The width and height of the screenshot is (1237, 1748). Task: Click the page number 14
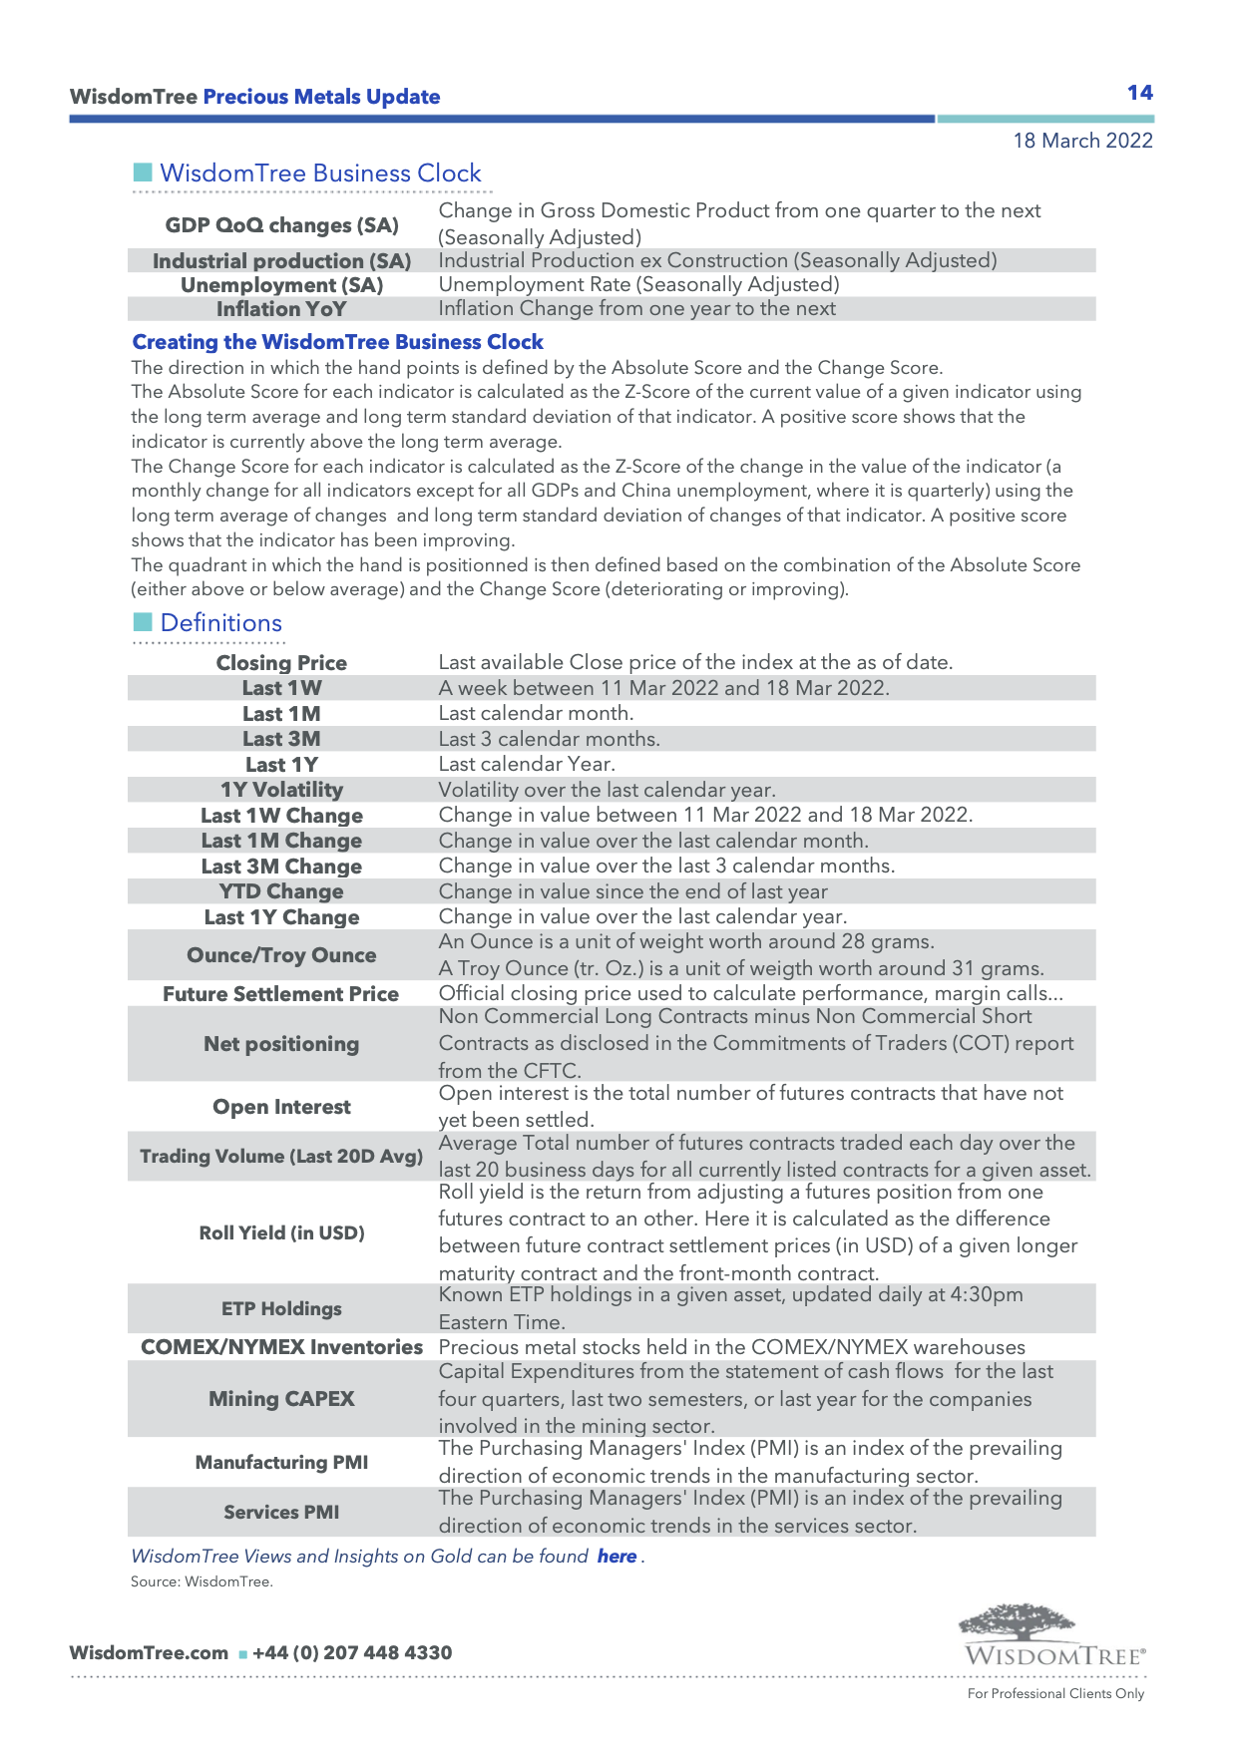coord(1139,93)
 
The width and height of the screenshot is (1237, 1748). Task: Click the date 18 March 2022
coord(1082,141)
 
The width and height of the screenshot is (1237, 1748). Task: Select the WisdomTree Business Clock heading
coord(320,174)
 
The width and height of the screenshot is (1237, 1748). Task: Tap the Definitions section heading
coord(220,623)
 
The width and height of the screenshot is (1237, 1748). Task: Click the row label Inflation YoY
coord(281,309)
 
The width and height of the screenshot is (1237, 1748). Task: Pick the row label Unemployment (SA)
coord(281,285)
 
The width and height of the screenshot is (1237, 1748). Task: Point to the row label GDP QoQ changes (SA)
coord(281,225)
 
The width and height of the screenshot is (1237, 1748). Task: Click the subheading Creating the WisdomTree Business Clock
coord(337,342)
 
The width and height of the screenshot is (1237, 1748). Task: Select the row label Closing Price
coord(281,663)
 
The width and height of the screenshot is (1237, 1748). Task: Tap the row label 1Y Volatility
coord(281,790)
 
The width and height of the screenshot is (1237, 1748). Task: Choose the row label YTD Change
coord(281,891)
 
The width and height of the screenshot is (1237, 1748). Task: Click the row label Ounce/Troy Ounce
coord(281,955)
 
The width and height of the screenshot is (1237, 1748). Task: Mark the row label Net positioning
coord(281,1044)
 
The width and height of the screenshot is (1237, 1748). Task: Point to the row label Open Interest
coord(281,1107)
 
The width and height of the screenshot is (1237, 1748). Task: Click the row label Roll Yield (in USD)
coord(281,1232)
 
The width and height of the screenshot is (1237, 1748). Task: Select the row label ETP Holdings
coord(281,1308)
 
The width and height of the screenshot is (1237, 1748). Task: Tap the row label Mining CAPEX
coord(281,1399)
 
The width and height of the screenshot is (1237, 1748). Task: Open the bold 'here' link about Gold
coord(617,1557)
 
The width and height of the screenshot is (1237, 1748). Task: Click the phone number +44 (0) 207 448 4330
coord(352,1652)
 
